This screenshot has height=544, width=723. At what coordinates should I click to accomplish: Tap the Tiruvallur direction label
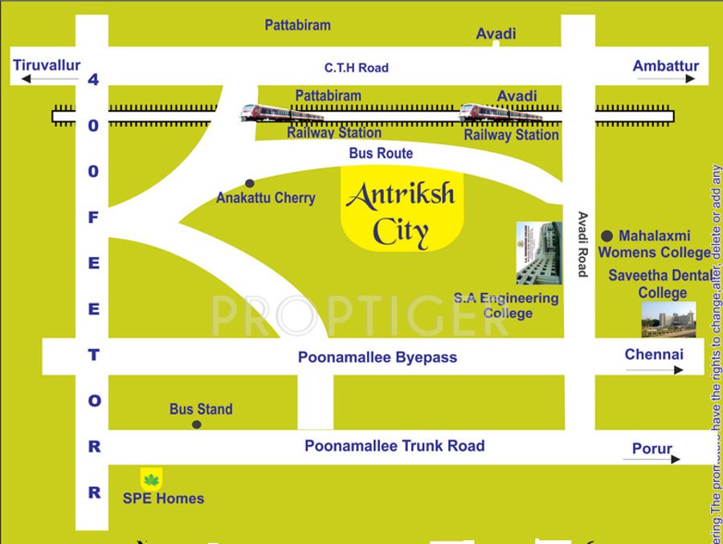click(x=47, y=65)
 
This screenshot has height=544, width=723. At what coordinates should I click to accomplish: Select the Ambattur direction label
click(x=665, y=66)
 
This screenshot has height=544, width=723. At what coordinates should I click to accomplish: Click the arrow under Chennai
click(x=654, y=370)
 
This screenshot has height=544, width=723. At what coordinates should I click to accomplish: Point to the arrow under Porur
click(x=652, y=460)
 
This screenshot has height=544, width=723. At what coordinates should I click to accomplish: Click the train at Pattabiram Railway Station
click(x=281, y=113)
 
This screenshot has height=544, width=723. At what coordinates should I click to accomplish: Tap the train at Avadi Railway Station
click(x=500, y=113)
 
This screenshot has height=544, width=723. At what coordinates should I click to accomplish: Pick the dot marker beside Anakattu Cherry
click(x=250, y=183)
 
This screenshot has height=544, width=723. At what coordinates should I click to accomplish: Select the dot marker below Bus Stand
click(x=197, y=424)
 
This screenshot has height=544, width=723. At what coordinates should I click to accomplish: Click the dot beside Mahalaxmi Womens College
click(x=607, y=235)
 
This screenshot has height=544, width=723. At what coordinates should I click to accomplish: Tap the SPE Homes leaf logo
click(x=151, y=480)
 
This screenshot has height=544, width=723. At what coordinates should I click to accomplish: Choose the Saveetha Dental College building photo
click(x=668, y=320)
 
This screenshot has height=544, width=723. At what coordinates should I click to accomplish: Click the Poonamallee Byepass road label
click(x=378, y=358)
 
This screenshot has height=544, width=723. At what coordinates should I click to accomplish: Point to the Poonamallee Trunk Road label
click(x=394, y=445)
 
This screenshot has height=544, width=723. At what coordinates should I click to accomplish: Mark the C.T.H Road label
click(x=356, y=68)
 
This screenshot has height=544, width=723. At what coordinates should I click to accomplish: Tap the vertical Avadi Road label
click(x=582, y=244)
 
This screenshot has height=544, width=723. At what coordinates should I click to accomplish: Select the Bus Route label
click(x=381, y=153)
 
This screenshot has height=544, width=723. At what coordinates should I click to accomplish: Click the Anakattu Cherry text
click(x=266, y=198)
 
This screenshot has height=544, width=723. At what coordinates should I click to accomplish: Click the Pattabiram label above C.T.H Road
click(x=297, y=25)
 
